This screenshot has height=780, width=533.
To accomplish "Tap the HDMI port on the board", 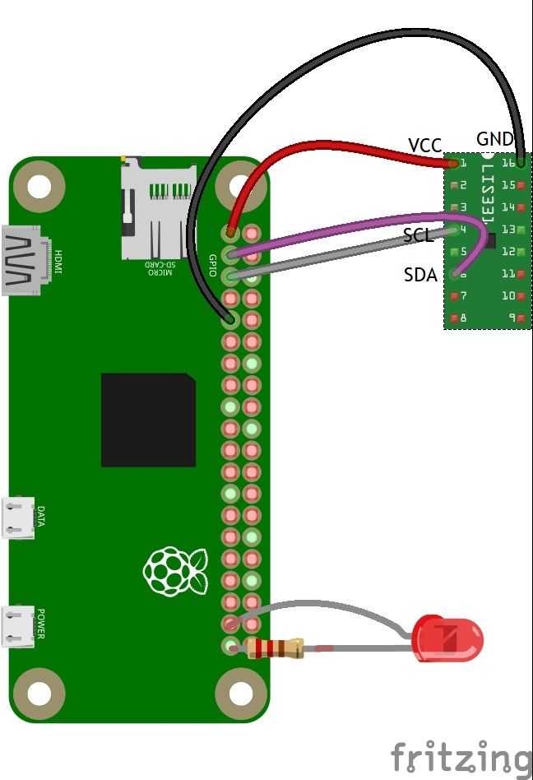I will tap(25, 260).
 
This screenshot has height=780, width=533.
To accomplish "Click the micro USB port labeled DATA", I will tap(18, 518).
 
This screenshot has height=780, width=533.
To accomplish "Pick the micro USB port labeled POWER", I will tap(18, 626).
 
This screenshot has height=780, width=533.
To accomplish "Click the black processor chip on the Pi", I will tap(148, 420).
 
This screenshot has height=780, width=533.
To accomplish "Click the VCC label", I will tap(425, 146).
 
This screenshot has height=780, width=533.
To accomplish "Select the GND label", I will tap(494, 139).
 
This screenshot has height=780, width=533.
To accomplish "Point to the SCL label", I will tap(419, 236).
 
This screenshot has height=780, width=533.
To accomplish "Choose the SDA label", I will tap(420, 275).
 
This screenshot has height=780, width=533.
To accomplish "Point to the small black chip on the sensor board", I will tap(490, 240).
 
